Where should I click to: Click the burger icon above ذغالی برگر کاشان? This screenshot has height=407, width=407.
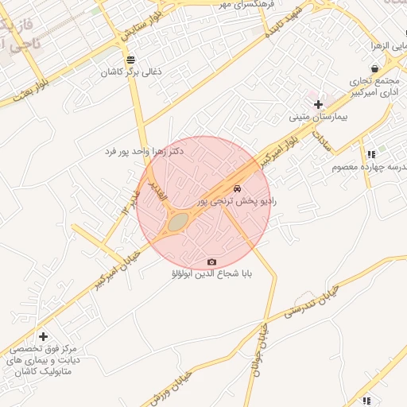coord(130,60)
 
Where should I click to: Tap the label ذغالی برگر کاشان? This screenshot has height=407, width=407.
coord(131,72)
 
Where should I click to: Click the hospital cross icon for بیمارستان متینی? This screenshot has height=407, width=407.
coord(318,104)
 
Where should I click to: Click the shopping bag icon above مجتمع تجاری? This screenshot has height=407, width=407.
coord(374,69)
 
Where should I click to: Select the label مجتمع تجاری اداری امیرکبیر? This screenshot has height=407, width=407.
coord(374,87)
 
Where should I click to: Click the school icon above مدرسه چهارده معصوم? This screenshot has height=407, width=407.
coord(370,154)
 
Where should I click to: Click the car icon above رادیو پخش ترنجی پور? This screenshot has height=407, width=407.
coord(237,189)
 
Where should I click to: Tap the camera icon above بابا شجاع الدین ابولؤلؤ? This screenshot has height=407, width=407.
coord(211,262)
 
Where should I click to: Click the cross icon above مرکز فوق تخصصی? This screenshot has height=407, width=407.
coord(43,336)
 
